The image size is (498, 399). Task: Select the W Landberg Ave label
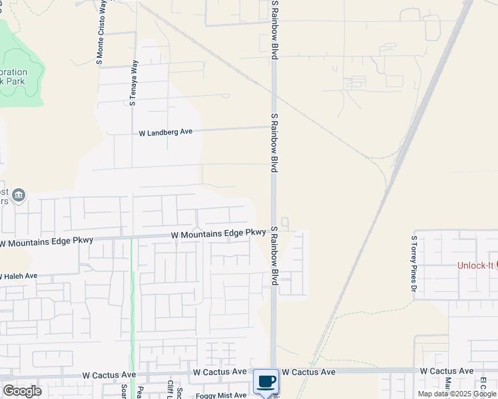tap(165, 132)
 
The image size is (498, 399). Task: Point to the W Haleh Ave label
tap(19, 276)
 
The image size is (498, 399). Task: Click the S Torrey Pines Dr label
tap(413, 263)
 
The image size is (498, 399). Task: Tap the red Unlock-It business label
tap(475, 265)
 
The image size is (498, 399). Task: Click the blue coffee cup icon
tap(266, 381)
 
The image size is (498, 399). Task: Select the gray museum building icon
tap(19, 195)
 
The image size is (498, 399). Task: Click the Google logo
tap(22, 391)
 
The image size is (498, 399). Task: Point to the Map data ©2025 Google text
tap(457, 394)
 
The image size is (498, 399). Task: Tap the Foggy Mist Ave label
tap(220, 395)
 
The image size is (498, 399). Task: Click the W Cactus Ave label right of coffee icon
tap(308, 372)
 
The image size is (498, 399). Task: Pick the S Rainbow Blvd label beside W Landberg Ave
tap(274, 142)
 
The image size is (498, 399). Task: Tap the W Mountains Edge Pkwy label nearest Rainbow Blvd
tap(218, 233)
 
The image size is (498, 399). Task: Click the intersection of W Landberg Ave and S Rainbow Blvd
tap(273, 126)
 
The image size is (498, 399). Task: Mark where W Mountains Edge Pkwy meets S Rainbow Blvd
tap(273, 233)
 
